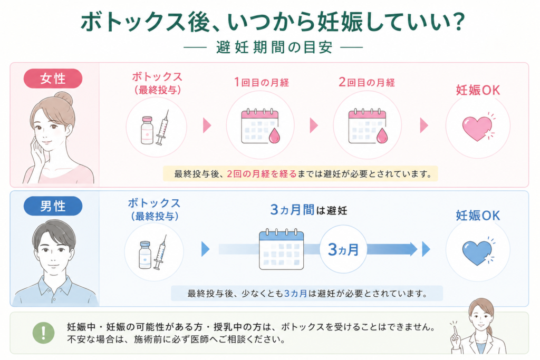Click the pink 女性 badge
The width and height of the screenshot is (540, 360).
53,79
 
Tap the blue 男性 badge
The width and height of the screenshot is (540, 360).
53,206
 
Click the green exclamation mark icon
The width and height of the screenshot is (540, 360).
43,333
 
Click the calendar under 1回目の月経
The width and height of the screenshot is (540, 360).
261,126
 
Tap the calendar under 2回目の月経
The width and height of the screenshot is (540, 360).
368,126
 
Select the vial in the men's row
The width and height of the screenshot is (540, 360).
145,255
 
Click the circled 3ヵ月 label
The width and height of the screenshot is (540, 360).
343,249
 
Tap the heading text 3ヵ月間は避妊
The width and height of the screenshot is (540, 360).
308,210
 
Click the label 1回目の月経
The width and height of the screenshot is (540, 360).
262,82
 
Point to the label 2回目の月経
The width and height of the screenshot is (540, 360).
367,82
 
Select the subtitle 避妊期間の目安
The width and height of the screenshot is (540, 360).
274,47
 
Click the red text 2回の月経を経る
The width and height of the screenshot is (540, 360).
262,174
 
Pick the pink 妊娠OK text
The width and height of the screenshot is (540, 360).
478,90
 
